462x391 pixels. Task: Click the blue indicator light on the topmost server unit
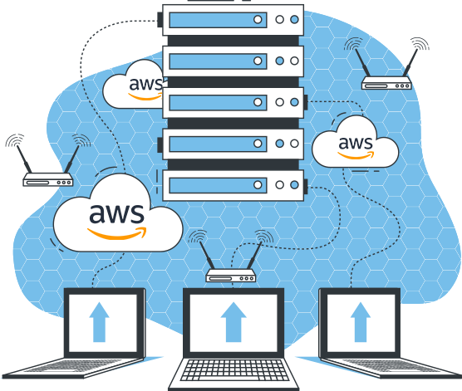pos(294,19)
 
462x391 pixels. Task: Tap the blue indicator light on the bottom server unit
pos(294,185)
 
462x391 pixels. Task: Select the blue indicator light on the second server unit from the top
pos(280,61)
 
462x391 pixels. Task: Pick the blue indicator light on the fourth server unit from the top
pos(280,144)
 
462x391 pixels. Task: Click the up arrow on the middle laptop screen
pos(233,322)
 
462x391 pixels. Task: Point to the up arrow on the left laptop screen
pos(99,322)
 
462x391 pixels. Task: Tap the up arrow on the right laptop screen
pos(361,322)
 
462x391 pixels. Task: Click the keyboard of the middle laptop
pos(235,369)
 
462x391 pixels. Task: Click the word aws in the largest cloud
pos(116,213)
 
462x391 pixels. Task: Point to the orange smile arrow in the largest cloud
pos(117,233)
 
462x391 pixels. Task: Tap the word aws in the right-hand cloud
pos(356,143)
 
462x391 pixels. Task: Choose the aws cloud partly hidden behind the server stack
pos(133,86)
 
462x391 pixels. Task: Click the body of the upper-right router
pos(386,83)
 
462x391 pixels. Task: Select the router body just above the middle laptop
pos(231,276)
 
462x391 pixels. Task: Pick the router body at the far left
pos(48,179)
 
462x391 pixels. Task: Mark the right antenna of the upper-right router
pos(410,62)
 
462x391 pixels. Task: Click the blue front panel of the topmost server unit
pos(218,20)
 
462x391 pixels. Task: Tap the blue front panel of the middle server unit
pos(218,102)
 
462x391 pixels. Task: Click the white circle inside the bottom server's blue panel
pos(258,185)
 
